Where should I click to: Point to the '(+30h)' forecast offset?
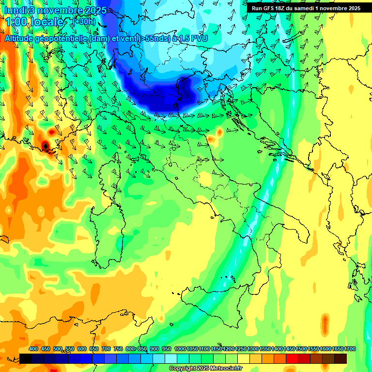tap(83, 22)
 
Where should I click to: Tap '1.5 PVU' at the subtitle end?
tap(192, 38)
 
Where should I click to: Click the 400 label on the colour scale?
tap(33, 349)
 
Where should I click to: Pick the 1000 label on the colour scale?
tap(180, 349)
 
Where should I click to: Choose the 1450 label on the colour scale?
tap(290, 349)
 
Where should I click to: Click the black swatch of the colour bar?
tap(26, 358)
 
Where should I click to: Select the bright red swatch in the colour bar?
tap(292, 358)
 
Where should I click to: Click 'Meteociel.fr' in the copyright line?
tap(226, 369)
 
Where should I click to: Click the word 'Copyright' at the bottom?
tap(184, 369)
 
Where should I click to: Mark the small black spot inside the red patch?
tap(45, 145)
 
